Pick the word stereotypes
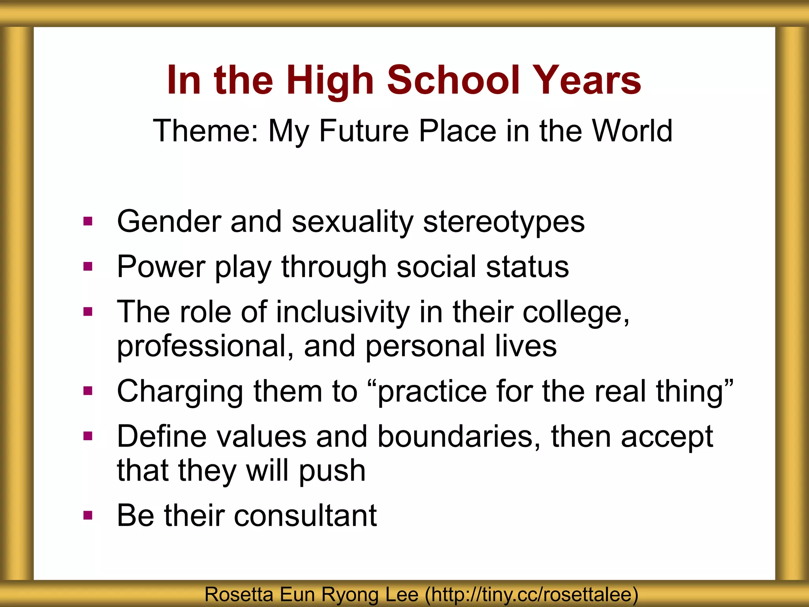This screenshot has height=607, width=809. point(504,222)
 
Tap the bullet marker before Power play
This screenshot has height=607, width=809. point(88,266)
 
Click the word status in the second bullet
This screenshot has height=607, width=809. point(527,267)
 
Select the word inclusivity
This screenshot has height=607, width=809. point(343,312)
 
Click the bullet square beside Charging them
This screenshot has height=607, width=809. point(88,391)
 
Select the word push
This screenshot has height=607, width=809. point(332,471)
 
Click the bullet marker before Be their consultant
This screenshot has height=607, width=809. point(88,515)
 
